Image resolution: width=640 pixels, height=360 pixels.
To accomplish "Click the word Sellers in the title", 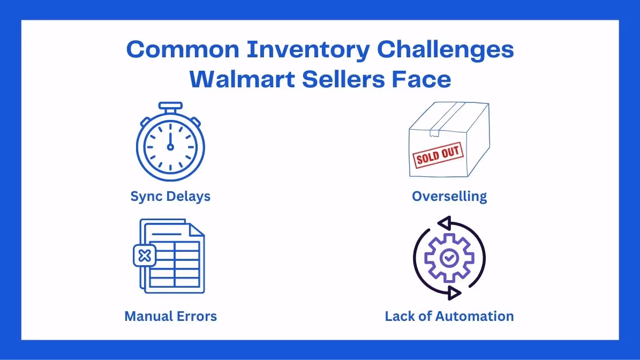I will tap(342, 80).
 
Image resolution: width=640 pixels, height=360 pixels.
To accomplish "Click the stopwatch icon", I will tap(170, 144).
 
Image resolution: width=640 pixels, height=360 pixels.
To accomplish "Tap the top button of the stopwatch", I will tap(170, 106).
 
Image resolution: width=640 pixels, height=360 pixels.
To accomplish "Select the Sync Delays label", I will tap(170, 196).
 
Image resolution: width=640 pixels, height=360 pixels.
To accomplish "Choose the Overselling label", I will tap(449, 196).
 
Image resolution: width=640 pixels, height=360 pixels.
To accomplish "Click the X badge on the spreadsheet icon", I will tap(144, 256).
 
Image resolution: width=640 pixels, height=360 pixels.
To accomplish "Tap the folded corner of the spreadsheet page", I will tap(197, 229).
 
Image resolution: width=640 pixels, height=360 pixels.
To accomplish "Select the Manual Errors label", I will tap(170, 316).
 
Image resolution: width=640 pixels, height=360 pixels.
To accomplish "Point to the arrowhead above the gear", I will tap(446, 223).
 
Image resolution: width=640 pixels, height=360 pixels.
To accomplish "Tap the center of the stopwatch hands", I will tap(170, 146).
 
